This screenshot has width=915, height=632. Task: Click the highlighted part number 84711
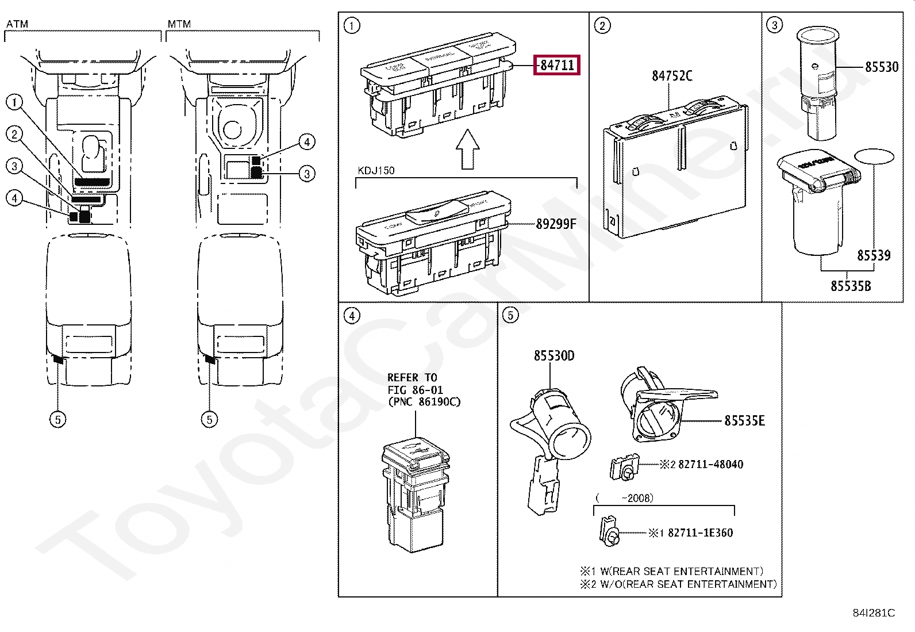tap(557, 65)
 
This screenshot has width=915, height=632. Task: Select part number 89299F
tap(555, 224)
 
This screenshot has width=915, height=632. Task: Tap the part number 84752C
tap(671, 76)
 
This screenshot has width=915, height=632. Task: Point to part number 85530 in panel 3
tap(881, 67)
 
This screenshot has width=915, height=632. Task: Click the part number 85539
tap(874, 255)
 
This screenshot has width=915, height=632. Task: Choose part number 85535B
tap(850, 285)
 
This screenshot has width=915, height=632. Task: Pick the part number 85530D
tap(553, 356)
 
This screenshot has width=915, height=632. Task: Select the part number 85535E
tap(744, 421)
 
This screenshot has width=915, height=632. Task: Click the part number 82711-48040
tap(710, 464)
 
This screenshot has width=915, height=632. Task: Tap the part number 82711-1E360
tap(700, 533)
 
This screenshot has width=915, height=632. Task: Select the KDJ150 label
tap(376, 171)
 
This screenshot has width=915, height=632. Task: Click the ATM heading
tap(17, 24)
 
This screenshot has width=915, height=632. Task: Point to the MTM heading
tap(179, 24)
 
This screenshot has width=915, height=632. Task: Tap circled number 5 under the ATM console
tap(57, 419)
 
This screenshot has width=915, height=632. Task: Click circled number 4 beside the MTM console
tap(307, 142)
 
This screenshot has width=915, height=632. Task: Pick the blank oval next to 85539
tap(874, 156)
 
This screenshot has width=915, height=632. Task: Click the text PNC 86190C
tap(424, 402)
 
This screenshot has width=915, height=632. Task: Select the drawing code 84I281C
tap(874, 613)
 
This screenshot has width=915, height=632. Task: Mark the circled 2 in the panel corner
tap(602, 25)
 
